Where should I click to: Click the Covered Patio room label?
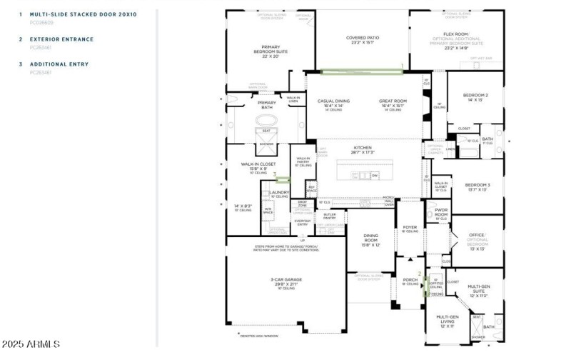click(362, 38)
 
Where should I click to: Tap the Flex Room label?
click(455, 34)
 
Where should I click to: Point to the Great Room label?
click(393, 101)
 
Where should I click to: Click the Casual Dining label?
click(333, 101)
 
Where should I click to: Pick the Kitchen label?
click(362, 148)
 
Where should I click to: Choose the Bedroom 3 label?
click(477, 185)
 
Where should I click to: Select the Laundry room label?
click(280, 192)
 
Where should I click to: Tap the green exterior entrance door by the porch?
click(427, 286)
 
